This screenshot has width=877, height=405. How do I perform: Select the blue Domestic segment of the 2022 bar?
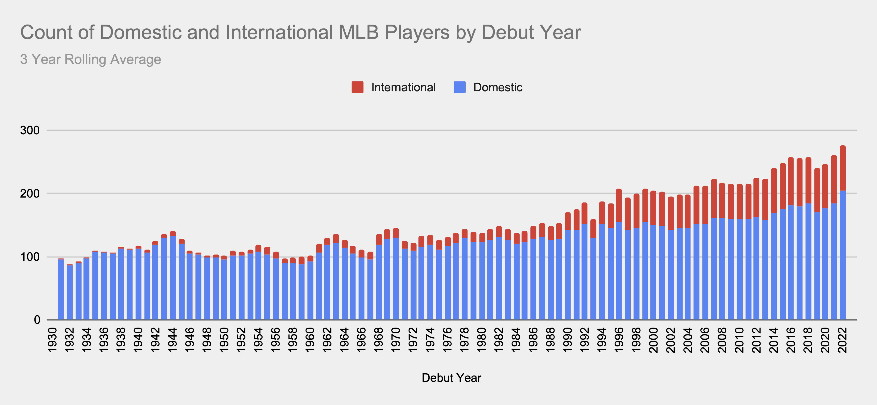tap(843, 256)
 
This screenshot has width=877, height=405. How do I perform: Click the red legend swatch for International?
tap(357, 87)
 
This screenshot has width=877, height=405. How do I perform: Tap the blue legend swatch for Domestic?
tap(460, 87)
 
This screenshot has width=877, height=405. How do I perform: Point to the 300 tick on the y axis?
tap(30, 130)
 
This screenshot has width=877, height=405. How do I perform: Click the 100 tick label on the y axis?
tap(30, 257)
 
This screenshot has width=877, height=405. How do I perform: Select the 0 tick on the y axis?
tap(37, 320)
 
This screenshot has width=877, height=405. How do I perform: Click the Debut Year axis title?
tap(451, 378)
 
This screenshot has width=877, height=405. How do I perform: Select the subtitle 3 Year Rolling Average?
tap(91, 59)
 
